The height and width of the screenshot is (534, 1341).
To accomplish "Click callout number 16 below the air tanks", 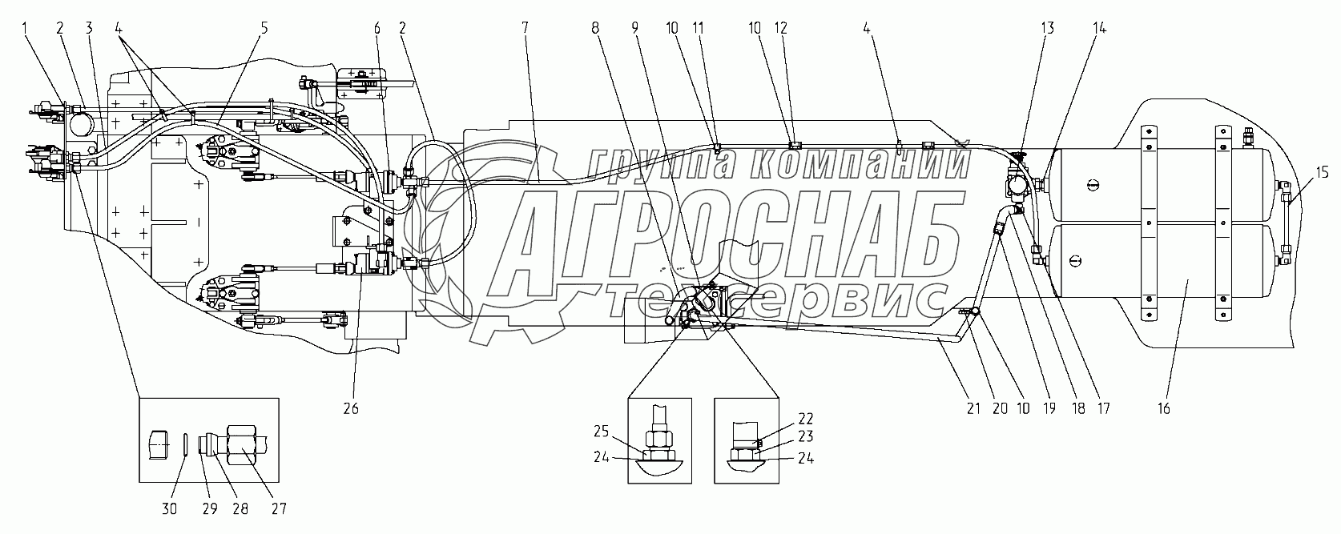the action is [x=1163, y=409].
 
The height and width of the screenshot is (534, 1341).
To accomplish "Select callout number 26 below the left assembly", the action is [x=351, y=409].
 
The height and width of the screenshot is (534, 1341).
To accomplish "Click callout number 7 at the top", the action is [x=525, y=28].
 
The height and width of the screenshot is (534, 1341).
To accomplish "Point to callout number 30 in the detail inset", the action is [x=169, y=509].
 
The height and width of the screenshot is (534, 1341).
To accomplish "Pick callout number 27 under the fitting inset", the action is [x=279, y=509].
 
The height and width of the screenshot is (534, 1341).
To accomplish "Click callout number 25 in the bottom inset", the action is [x=601, y=432].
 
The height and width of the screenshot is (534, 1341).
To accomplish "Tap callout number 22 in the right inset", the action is [x=806, y=419].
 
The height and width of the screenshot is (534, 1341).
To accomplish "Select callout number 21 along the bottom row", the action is [x=973, y=409].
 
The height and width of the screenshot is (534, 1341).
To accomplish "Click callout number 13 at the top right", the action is [x=1047, y=28].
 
